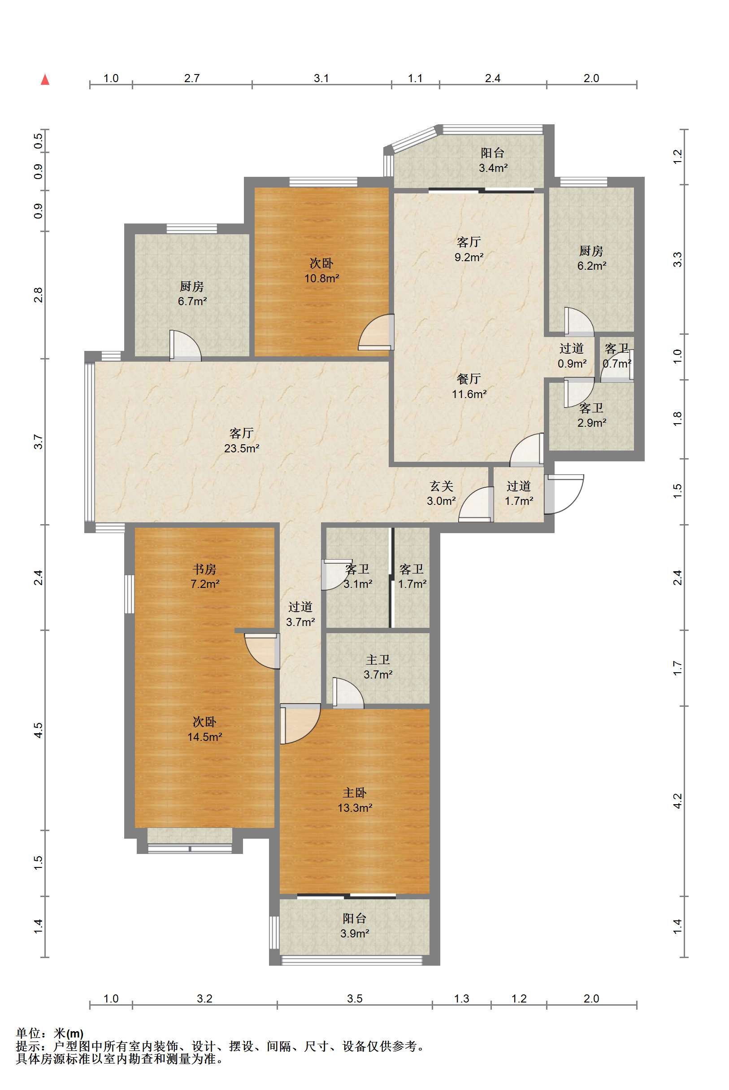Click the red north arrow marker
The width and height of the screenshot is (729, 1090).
point(45,79)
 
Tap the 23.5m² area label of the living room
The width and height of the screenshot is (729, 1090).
point(242,448)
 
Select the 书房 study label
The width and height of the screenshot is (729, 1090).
point(204,569)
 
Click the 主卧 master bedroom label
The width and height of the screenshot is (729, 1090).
point(355,793)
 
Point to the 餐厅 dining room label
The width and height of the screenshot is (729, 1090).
point(469,379)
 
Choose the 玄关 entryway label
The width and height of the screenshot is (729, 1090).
point(441,486)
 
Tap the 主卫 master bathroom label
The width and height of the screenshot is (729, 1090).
point(378,660)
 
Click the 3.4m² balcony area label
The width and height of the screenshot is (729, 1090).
point(493,168)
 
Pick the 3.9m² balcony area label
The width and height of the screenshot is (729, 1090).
point(355,933)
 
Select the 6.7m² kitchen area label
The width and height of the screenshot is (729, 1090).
point(192,301)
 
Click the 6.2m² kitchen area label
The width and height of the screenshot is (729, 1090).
point(592,266)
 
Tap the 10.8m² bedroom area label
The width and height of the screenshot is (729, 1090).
point(322,278)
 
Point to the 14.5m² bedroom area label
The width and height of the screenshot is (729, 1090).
point(204,737)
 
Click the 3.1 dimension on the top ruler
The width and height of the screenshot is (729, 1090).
point(321,78)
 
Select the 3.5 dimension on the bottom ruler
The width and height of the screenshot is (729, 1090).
point(354,998)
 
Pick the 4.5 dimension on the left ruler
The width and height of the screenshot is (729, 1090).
point(38,730)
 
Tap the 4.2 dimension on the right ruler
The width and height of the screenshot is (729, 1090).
point(677,801)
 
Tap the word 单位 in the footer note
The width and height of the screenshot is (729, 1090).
point(28,1033)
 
